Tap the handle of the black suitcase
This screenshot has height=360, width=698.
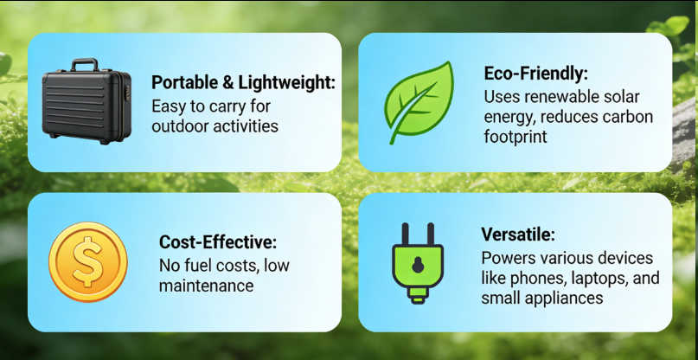(x=84, y=65)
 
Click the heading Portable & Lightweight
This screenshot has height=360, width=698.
(x=243, y=83)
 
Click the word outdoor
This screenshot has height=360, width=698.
(x=179, y=126)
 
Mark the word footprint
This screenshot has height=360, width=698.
(x=515, y=137)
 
